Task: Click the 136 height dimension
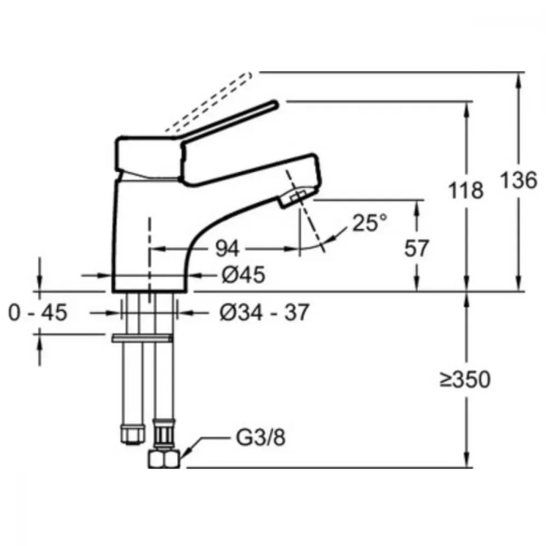(x=519, y=180)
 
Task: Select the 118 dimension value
(x=466, y=190)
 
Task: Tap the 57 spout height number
(x=416, y=248)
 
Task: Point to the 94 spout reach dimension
(x=227, y=248)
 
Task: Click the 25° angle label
(x=370, y=223)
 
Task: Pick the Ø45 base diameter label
(x=243, y=275)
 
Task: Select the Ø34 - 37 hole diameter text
(x=264, y=312)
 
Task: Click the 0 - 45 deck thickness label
(x=38, y=312)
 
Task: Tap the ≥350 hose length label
(x=465, y=379)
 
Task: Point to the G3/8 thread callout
(x=261, y=437)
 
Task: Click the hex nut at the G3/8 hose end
(x=164, y=459)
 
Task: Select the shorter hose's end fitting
(x=133, y=435)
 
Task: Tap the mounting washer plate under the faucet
(x=142, y=338)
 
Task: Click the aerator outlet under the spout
(x=296, y=198)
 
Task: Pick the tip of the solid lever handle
(x=276, y=103)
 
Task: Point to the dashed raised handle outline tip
(x=250, y=75)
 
